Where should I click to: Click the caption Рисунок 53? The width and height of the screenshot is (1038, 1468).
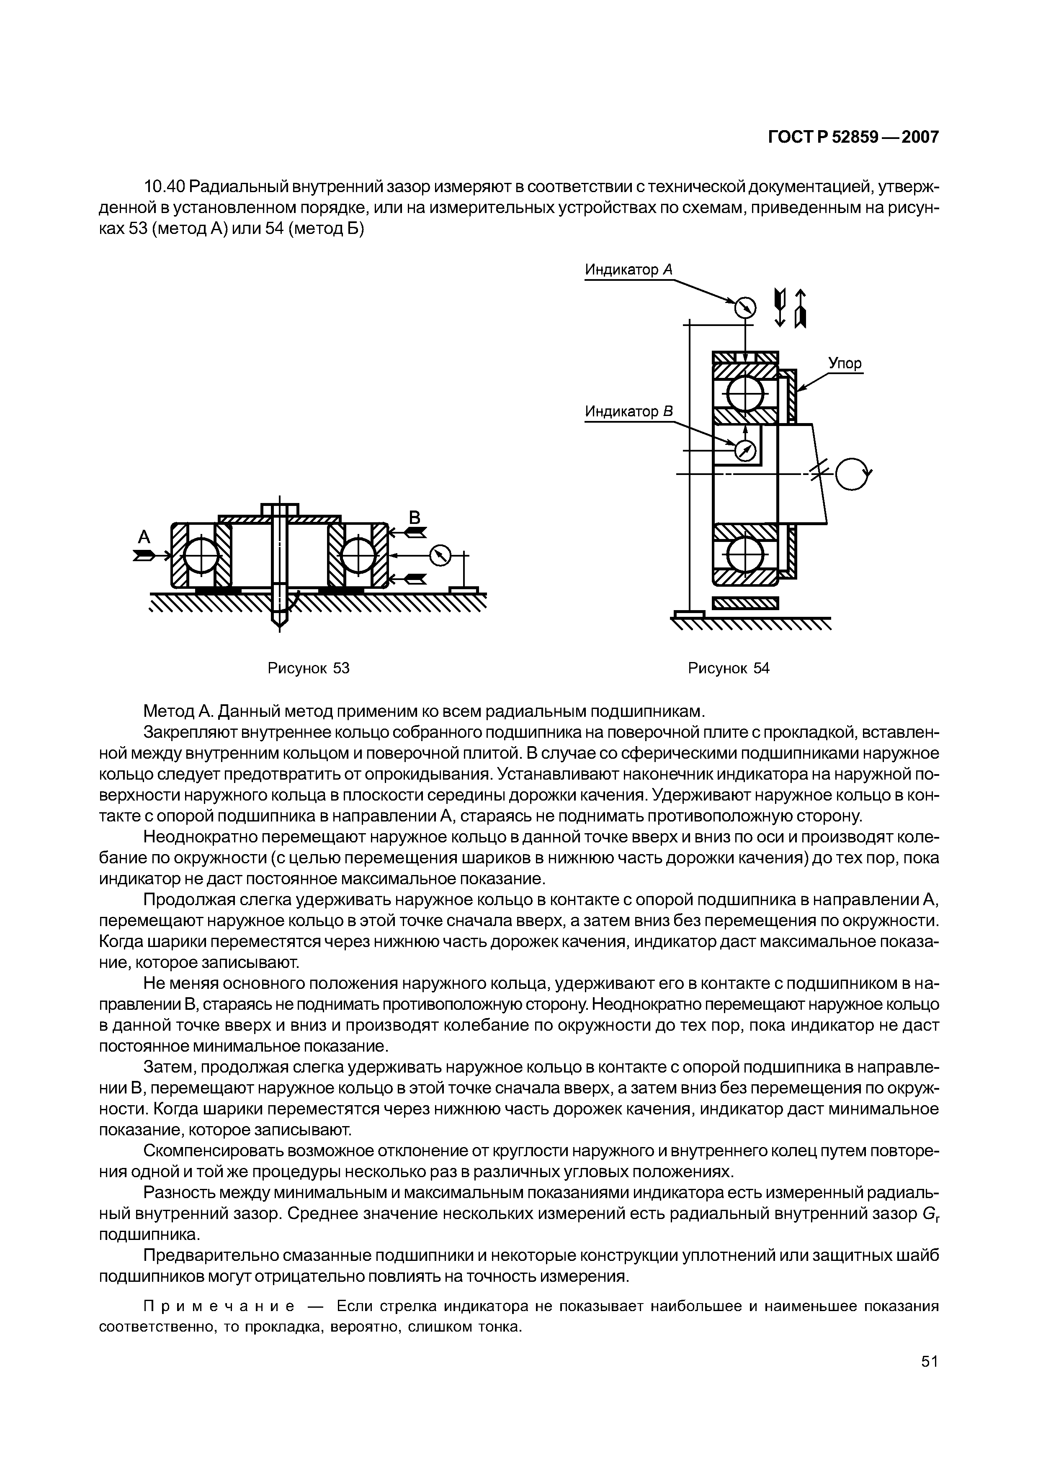[308, 668]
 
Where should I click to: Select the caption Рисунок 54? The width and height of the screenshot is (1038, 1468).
[729, 668]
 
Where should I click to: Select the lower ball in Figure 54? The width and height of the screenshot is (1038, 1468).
[745, 554]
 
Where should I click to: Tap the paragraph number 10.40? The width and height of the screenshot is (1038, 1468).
[165, 187]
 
